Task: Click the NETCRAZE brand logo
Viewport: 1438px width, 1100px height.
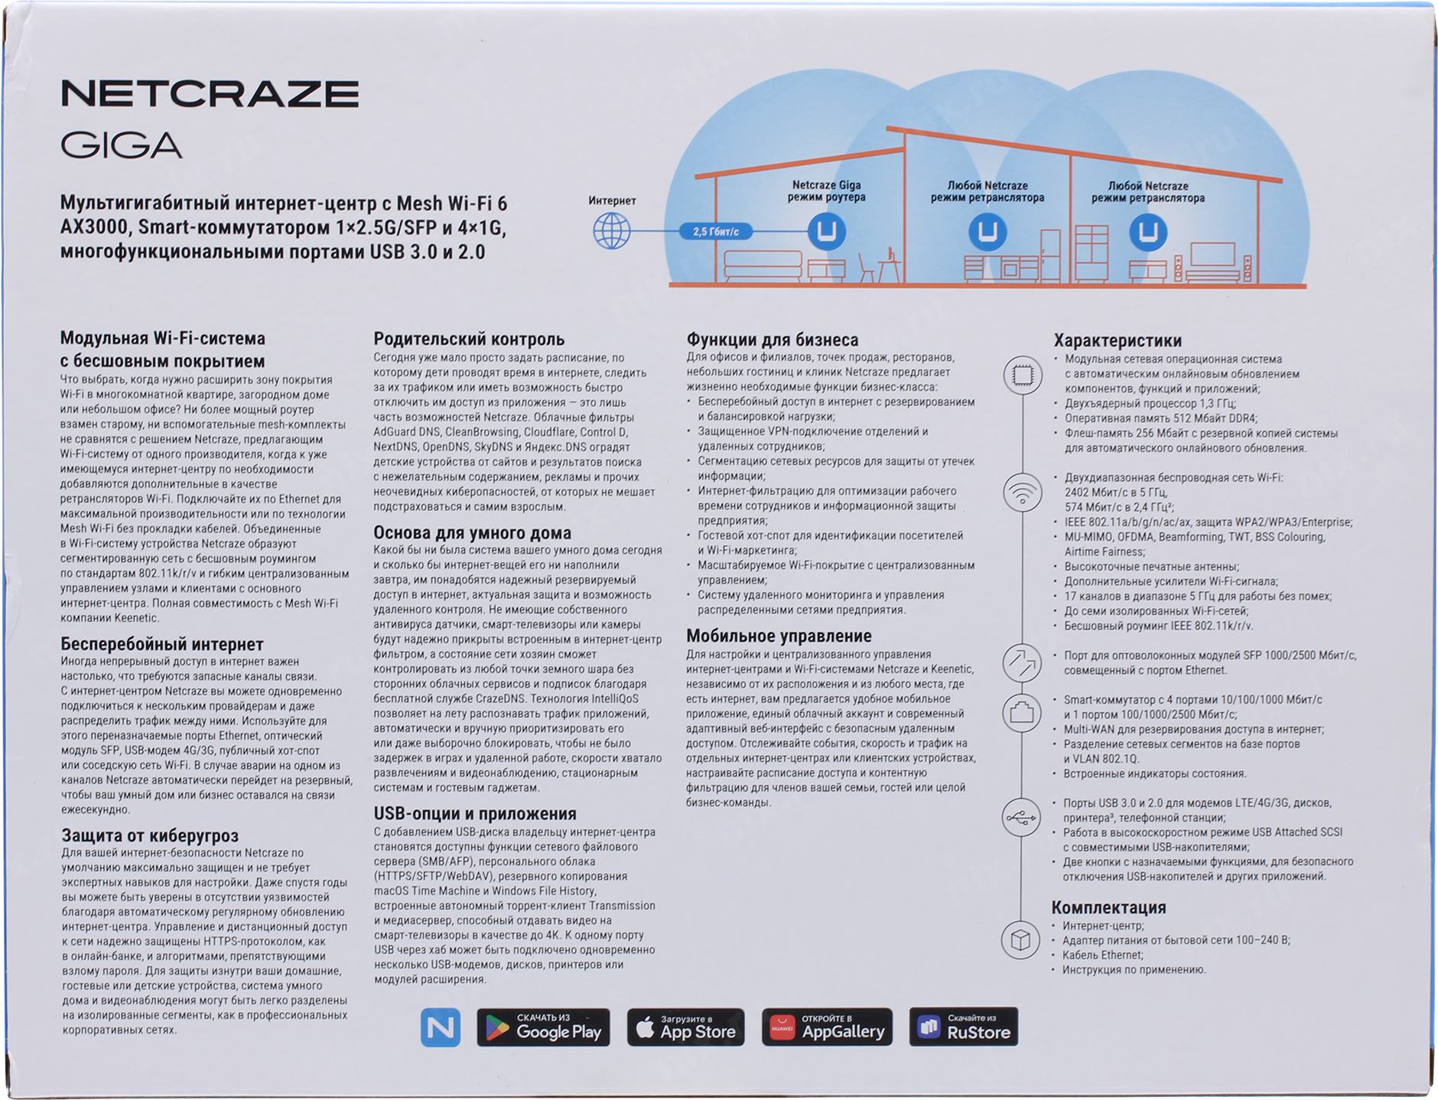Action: point(210,93)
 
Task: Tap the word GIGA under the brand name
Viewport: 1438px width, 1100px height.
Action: point(122,145)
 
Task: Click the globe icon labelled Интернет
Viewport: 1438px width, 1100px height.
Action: point(612,230)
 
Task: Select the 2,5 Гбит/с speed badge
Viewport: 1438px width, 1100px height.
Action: point(716,231)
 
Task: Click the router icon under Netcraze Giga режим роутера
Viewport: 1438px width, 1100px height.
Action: point(827,230)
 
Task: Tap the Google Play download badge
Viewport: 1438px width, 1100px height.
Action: point(543,1027)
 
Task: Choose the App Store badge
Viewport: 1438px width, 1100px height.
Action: point(685,1027)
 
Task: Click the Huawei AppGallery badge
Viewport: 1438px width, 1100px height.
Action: point(827,1027)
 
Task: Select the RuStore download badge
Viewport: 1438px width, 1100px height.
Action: point(964,1027)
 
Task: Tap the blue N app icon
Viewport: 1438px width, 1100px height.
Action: point(441,1027)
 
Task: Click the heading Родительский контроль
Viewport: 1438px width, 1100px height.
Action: point(469,339)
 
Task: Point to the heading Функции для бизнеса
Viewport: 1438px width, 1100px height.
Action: point(772,340)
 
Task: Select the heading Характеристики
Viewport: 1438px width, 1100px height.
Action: point(1118,340)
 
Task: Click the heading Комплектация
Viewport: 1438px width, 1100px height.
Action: point(1108,907)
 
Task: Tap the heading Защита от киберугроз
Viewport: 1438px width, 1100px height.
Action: point(150,835)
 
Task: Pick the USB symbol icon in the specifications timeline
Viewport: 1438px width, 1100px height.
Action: point(1021,818)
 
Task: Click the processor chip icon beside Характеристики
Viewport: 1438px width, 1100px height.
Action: point(1023,375)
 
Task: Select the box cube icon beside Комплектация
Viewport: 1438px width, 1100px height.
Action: point(1021,939)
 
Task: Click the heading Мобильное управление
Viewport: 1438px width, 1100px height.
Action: point(779,636)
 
